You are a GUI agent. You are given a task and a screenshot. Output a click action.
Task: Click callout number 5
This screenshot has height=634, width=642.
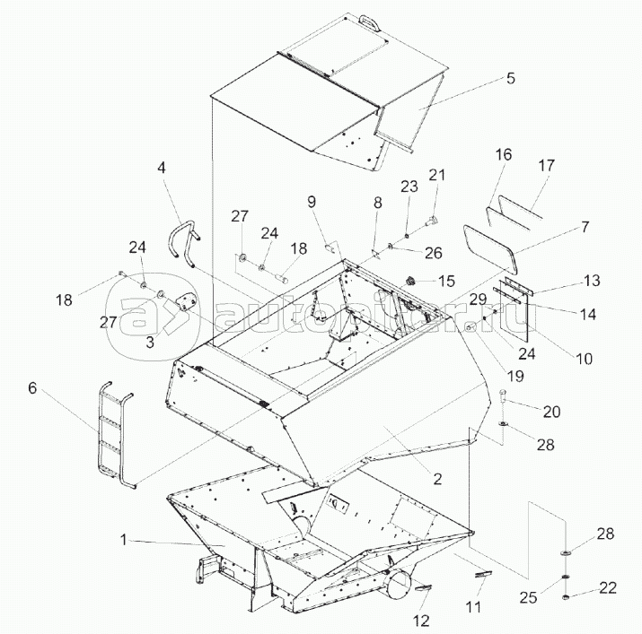(x=509, y=78)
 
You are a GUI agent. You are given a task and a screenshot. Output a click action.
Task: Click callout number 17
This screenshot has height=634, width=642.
(x=546, y=167)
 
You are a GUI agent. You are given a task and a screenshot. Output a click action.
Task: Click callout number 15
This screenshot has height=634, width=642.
(x=447, y=281)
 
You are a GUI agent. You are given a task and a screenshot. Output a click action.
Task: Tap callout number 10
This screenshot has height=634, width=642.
(x=584, y=359)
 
